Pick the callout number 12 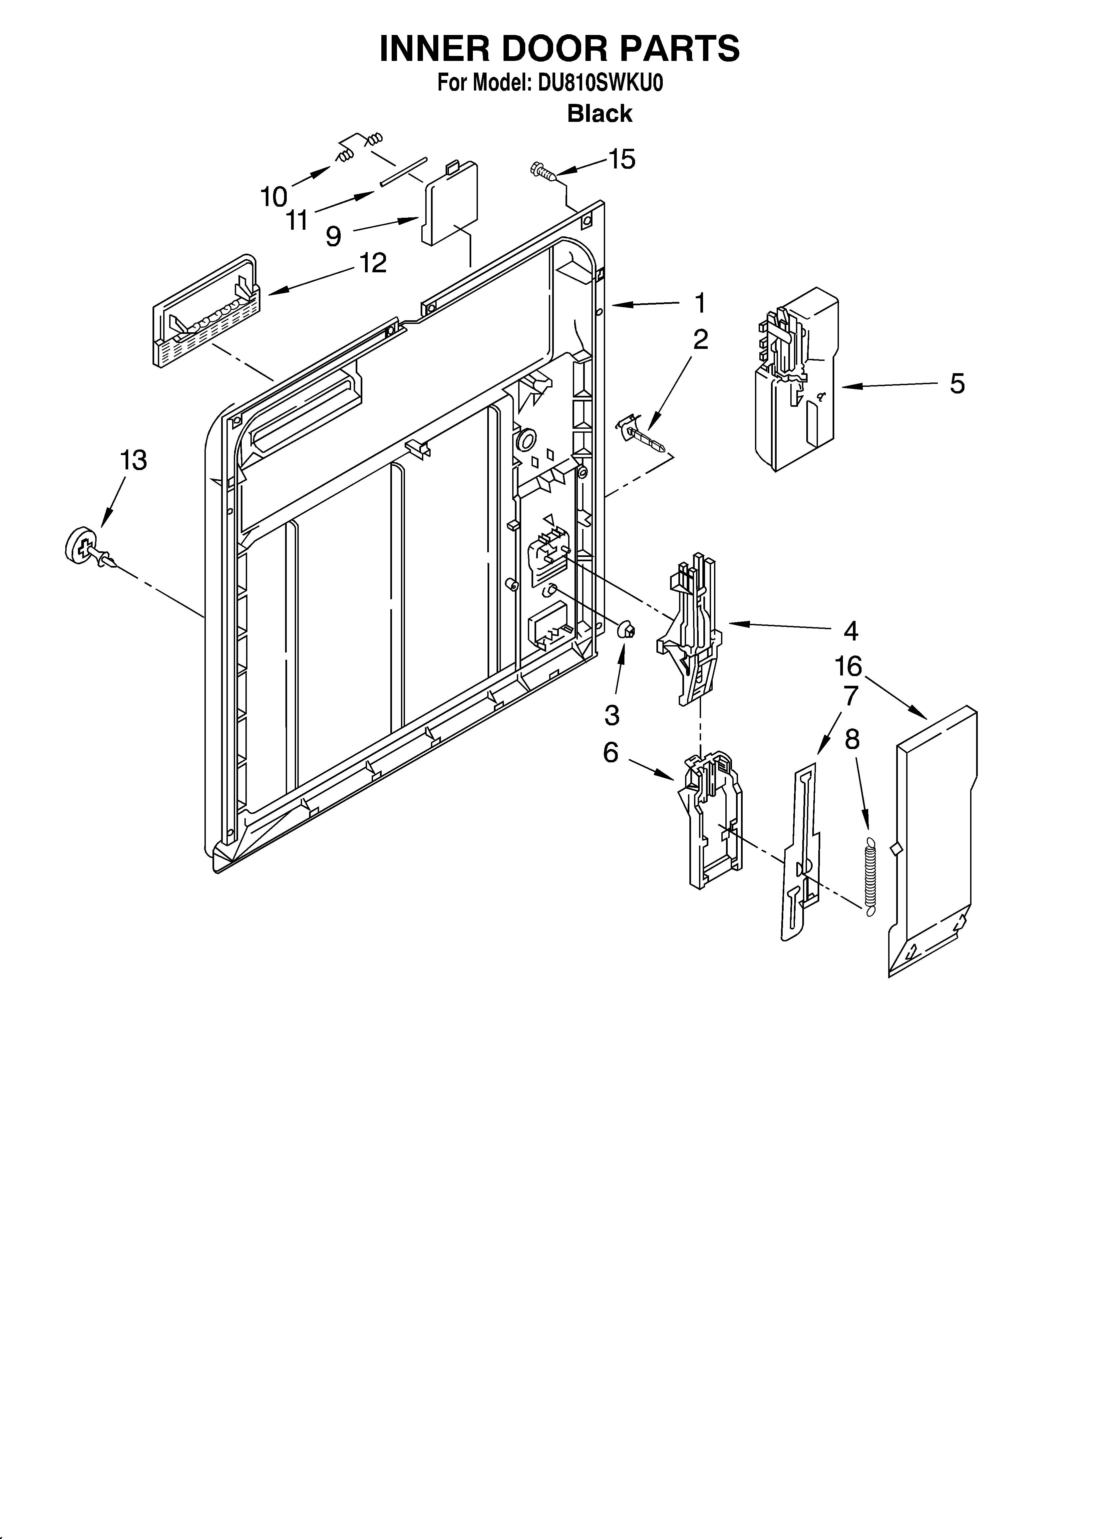[x=372, y=263]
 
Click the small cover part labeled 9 [x=450, y=204]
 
